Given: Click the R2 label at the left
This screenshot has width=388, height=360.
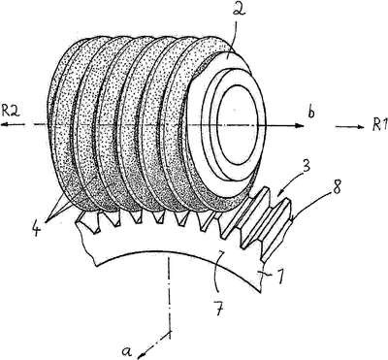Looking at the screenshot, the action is click(11, 112).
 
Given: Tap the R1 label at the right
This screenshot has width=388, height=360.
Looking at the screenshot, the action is click(379, 126).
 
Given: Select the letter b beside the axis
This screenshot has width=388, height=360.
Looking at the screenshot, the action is click(311, 114).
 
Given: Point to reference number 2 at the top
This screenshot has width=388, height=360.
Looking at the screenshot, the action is click(240, 9).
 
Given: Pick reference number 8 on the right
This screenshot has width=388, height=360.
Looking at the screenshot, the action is click(337, 188).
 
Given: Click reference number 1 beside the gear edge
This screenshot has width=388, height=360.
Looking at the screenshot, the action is click(280, 278).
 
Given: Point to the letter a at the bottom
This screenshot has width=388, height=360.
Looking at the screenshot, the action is click(127, 351).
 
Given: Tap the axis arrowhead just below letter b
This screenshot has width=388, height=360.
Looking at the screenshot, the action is click(300, 125).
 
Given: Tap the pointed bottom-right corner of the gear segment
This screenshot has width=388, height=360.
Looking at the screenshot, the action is click(260, 292).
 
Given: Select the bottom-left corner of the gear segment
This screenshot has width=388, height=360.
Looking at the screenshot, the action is click(96, 265).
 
